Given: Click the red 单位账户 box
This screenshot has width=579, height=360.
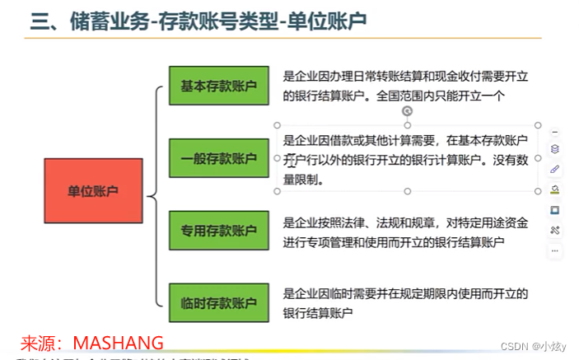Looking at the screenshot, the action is click(x=92, y=191).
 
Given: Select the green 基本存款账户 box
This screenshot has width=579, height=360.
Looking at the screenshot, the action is click(x=219, y=85).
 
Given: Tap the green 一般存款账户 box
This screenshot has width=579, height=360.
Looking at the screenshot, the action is click(x=219, y=158).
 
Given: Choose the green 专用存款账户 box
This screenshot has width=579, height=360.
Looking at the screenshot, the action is click(x=219, y=231).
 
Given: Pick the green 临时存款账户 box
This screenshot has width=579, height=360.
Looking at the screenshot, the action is click(x=219, y=303).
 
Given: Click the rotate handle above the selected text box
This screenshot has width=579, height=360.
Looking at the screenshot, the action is click(x=407, y=110).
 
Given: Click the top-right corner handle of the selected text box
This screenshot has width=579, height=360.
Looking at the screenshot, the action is click(x=538, y=124).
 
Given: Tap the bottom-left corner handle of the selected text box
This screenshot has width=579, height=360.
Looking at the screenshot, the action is click(x=277, y=191).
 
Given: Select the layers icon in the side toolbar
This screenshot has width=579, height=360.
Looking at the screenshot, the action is click(x=554, y=149).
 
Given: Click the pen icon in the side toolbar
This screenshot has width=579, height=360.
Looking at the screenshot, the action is click(x=554, y=169).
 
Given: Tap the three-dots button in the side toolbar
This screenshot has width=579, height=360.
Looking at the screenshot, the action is click(x=554, y=250).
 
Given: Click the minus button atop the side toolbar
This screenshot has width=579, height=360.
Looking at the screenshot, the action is click(x=554, y=131).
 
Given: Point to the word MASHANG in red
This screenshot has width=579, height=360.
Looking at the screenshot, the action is click(x=119, y=341).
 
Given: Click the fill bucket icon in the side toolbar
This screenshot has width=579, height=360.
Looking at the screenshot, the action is click(x=554, y=189).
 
